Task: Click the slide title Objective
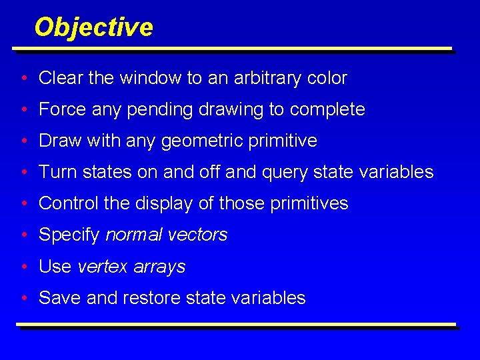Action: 93,27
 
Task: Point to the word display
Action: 170,204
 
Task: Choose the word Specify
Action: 69,235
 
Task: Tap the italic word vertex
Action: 102,267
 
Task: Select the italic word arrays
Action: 159,267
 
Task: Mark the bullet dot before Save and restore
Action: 23,298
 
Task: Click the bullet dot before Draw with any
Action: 23,141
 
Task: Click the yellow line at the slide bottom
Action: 236,325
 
